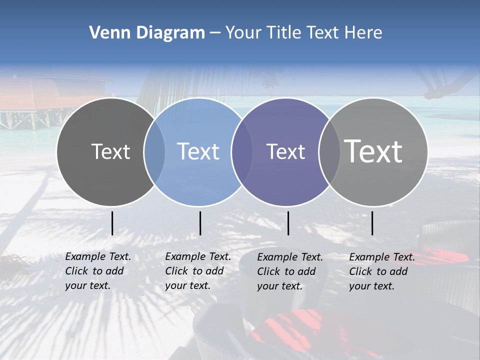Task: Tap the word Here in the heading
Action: (363, 33)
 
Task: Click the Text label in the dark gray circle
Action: (110, 151)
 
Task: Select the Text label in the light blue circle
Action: (198, 151)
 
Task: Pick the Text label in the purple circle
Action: (285, 151)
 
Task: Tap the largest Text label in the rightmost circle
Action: (373, 151)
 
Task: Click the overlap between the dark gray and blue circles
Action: (154, 152)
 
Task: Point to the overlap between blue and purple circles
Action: (242, 152)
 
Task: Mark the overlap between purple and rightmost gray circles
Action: (329, 152)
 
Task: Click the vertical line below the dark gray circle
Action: (112, 223)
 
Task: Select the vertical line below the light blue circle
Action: (200, 223)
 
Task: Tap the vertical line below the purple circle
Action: (288, 223)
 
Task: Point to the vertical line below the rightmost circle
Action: (372, 223)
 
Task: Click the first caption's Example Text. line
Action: (98, 256)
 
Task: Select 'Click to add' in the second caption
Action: (194, 271)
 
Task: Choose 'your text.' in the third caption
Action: (280, 286)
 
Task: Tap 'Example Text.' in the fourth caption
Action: (382, 257)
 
